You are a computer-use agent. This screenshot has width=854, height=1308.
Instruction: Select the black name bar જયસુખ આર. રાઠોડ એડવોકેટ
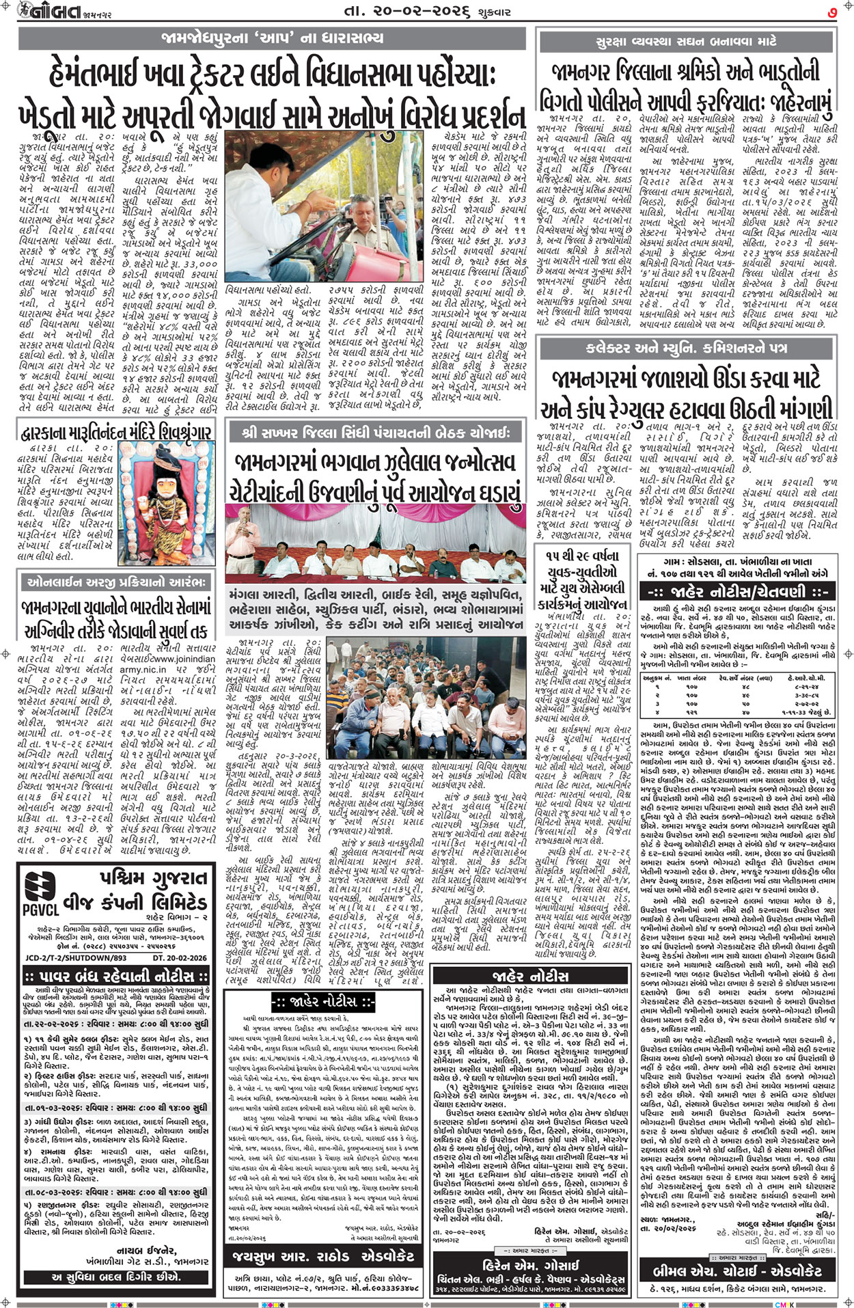point(323,1256)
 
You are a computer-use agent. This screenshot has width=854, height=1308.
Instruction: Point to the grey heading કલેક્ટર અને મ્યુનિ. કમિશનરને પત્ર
point(687,348)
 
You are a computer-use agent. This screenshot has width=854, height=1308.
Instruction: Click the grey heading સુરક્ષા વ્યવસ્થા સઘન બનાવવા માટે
point(687,42)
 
